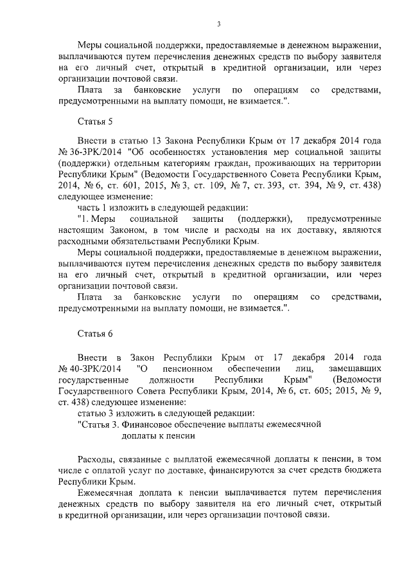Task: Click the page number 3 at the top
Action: tap(218, 24)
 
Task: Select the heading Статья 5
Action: tap(95, 121)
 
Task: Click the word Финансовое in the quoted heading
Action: tap(159, 424)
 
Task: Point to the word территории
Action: tap(360, 163)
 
